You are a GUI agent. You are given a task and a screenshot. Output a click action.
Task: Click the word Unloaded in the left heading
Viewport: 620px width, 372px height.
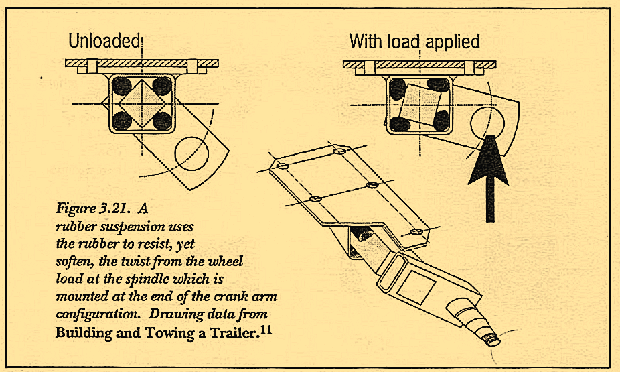(x=104, y=42)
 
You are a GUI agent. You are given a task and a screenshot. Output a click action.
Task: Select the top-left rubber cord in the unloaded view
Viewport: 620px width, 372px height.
(x=122, y=86)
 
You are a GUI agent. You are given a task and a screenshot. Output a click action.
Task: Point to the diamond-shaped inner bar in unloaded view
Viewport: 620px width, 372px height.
(x=141, y=103)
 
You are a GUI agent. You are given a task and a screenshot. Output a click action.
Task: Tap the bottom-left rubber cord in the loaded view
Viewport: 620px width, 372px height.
(x=400, y=123)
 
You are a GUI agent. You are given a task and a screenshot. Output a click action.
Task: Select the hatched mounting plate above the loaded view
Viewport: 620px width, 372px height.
(x=419, y=64)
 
